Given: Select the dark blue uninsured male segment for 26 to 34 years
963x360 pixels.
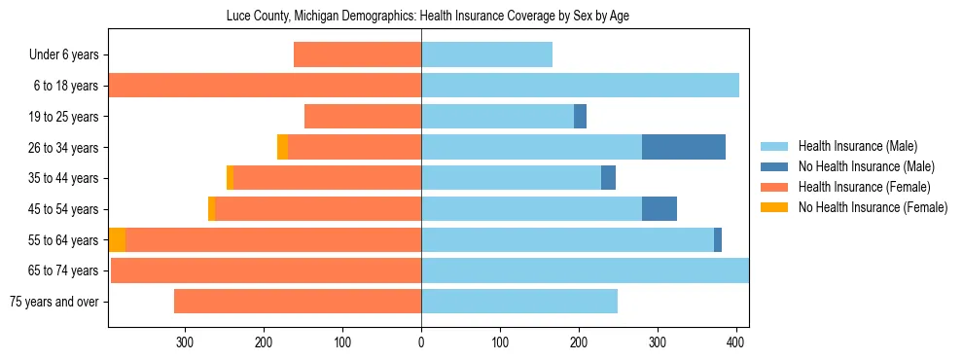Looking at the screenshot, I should [684, 147].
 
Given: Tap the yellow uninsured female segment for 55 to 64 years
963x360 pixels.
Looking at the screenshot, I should [117, 239].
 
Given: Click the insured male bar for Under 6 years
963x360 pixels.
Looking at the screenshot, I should [486, 54].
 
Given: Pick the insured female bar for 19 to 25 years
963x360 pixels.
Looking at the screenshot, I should [363, 117].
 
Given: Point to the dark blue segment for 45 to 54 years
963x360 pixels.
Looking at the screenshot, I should [660, 209].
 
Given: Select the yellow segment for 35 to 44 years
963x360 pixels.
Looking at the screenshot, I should [230, 178].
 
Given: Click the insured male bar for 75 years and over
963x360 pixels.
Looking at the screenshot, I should [519, 302].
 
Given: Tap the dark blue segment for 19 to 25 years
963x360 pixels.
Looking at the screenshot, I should [580, 117].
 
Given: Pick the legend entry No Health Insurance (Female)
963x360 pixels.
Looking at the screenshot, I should [873, 207].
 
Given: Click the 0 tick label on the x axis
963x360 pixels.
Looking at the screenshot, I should [421, 342].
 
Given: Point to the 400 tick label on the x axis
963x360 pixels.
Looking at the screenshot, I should [736, 342].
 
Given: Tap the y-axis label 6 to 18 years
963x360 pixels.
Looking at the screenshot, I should [64, 86].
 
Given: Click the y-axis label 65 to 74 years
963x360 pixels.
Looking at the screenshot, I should [61, 270].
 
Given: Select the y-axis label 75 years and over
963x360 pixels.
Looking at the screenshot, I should [53, 302].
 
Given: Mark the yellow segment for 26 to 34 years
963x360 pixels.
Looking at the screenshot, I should [282, 147].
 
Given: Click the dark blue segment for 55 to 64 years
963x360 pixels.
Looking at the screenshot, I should [718, 239].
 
